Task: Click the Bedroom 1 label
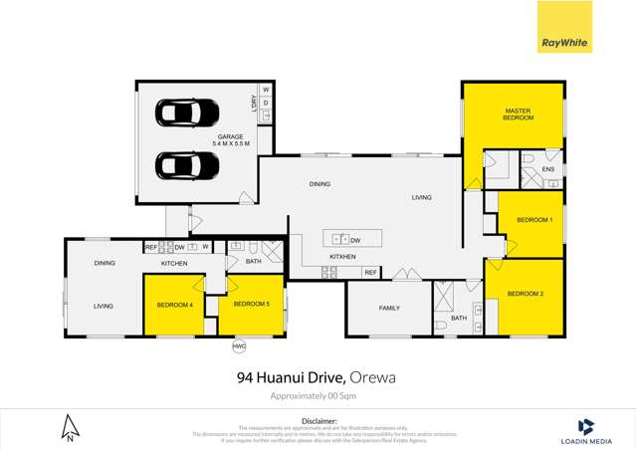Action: click(x=536, y=219)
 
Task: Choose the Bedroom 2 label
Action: click(x=525, y=294)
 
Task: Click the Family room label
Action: click(x=388, y=308)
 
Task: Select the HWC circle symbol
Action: click(x=239, y=346)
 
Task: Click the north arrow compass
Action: click(x=70, y=427)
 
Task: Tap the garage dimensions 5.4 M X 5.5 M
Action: click(x=231, y=144)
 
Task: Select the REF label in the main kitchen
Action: click(x=369, y=272)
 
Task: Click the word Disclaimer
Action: click(x=318, y=421)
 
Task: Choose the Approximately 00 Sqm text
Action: click(x=318, y=396)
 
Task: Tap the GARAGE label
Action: click(x=231, y=136)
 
